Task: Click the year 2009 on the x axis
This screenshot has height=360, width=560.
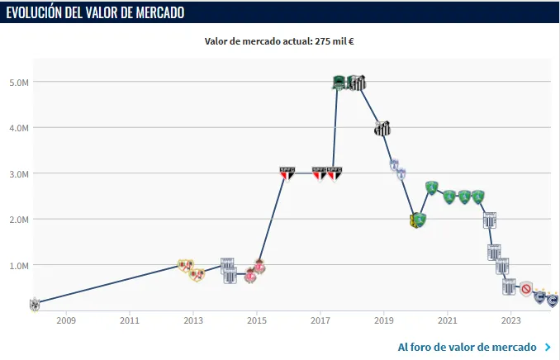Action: (65, 320)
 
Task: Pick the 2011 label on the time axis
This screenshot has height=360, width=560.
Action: (129, 320)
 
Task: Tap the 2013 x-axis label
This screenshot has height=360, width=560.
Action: (192, 320)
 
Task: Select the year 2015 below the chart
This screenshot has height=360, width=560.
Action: (257, 320)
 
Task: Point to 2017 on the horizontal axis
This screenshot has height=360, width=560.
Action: (320, 320)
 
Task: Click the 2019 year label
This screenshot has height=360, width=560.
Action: (384, 320)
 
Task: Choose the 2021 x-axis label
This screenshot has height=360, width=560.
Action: (448, 320)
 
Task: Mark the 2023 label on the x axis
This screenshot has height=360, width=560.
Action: (511, 320)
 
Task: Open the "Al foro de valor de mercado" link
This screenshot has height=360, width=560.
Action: (467, 347)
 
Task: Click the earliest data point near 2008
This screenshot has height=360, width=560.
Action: (35, 304)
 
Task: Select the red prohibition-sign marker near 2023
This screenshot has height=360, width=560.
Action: (526, 289)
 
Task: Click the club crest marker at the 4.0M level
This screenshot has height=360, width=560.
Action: (382, 128)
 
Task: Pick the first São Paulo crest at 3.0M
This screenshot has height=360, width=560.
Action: (287, 173)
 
